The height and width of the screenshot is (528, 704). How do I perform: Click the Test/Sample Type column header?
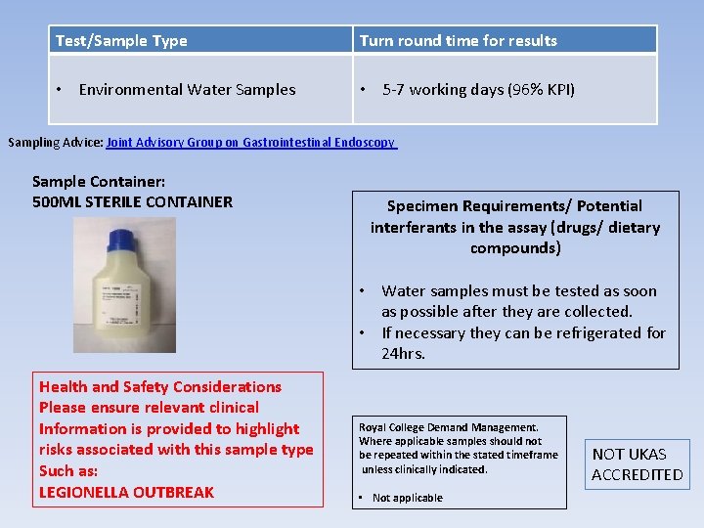(x=121, y=41)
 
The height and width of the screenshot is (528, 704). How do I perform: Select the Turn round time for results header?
(x=458, y=41)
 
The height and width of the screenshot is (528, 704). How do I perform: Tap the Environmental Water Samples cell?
(x=187, y=90)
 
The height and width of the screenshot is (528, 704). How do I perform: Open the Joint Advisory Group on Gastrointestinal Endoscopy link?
(x=250, y=143)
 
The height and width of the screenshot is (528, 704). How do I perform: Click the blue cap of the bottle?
(x=125, y=240)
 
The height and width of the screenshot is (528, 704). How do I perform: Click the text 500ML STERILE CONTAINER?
(x=132, y=202)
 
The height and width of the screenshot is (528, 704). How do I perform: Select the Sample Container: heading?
(x=98, y=182)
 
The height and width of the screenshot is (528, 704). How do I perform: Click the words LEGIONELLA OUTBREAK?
(x=126, y=492)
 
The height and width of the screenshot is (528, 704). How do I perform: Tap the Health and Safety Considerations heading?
(x=160, y=387)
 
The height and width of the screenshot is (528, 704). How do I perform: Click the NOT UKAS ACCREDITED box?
(x=638, y=464)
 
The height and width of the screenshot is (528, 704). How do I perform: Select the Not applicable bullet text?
(x=407, y=498)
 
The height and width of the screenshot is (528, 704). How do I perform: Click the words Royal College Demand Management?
(x=448, y=427)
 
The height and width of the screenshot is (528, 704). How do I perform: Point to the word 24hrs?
(x=404, y=353)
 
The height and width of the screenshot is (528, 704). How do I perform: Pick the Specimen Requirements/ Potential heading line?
(x=514, y=206)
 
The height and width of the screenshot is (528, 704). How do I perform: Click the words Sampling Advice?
(x=55, y=143)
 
